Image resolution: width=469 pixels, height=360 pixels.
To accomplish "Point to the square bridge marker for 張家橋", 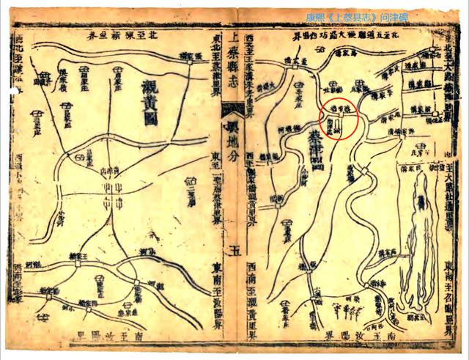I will [x=190, y=62].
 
